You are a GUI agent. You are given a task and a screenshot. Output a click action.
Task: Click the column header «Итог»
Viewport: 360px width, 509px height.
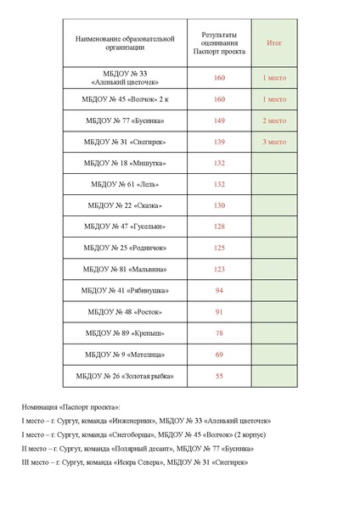coord(273,42)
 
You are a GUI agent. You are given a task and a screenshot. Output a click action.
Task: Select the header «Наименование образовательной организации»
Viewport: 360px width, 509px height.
coord(125,42)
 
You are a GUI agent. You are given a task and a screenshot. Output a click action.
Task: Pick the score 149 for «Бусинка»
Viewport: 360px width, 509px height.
coord(219,120)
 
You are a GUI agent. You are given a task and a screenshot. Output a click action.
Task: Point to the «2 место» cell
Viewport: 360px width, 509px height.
coord(273,120)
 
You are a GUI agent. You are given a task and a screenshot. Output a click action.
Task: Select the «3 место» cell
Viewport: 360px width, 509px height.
coord(273,142)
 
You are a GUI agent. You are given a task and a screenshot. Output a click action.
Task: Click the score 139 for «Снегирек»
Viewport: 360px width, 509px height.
coord(219,142)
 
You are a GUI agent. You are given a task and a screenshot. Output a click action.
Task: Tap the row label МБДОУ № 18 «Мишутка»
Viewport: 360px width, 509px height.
coord(125,163)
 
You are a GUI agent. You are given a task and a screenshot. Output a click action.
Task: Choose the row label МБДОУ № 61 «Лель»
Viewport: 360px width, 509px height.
coord(125,184)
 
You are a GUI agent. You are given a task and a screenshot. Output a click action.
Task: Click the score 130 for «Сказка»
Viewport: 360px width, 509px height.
coord(219,205)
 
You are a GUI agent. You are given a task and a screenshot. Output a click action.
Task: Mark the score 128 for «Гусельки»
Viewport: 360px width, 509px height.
coord(219,227)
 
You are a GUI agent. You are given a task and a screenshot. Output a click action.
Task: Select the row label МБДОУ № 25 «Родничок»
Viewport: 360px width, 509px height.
coord(125,248)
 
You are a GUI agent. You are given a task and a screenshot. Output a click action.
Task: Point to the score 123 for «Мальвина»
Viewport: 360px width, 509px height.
coord(219,269)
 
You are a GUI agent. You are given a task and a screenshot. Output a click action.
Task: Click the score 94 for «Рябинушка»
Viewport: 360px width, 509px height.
coord(219,290)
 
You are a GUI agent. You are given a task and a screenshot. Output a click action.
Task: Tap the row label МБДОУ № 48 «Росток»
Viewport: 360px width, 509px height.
coord(125,311)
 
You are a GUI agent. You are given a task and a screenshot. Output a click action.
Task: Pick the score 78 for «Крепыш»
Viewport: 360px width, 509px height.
coord(219,333)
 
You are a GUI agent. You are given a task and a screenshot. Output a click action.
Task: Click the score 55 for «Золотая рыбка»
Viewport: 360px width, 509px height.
coord(219,375)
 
